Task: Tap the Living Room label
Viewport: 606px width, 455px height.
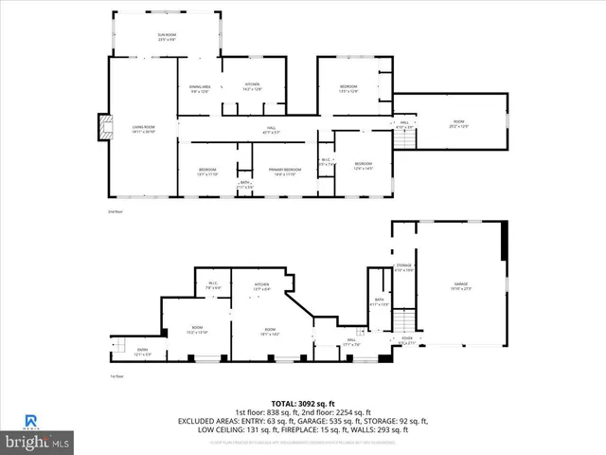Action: point(116,129)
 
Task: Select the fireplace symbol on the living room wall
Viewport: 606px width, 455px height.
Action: point(103,127)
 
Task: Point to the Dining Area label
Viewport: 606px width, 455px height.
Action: point(200,89)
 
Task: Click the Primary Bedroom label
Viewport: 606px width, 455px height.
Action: point(285,172)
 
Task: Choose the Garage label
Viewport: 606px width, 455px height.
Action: point(461,285)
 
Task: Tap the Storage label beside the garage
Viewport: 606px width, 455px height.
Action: point(404,268)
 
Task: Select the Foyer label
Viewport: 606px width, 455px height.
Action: point(406,340)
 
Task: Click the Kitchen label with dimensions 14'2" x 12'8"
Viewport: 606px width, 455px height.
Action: point(252,86)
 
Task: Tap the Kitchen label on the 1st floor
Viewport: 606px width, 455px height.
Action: point(262,286)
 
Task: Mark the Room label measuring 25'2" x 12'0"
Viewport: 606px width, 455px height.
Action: point(458,124)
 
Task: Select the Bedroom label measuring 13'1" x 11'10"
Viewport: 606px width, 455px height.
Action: point(206,172)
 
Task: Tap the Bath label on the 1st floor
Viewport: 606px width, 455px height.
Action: point(378,302)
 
